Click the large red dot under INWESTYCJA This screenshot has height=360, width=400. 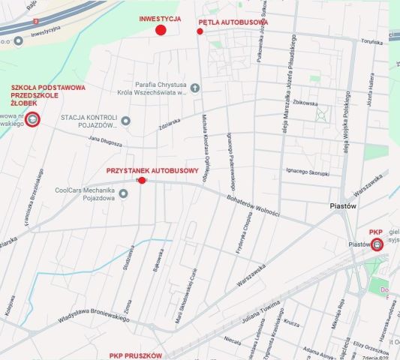click(x=160, y=30)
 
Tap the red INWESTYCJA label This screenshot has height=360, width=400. click(x=160, y=18)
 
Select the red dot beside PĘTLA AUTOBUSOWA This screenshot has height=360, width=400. click(x=200, y=31)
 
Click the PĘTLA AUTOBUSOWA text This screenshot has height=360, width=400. click(x=233, y=22)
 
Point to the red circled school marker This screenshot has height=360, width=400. click(x=32, y=118)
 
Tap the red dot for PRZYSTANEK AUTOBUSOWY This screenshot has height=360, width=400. click(x=142, y=180)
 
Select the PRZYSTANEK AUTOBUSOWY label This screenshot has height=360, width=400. click(x=152, y=170)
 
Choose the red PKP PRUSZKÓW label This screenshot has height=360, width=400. click(x=135, y=355)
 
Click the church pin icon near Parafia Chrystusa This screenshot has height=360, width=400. click(x=195, y=88)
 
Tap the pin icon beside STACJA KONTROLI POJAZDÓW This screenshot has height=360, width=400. click(x=125, y=121)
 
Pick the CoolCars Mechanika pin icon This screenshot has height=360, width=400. click(x=123, y=193)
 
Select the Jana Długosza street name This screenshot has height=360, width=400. click(x=105, y=139)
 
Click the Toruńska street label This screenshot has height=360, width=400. click(x=372, y=43)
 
